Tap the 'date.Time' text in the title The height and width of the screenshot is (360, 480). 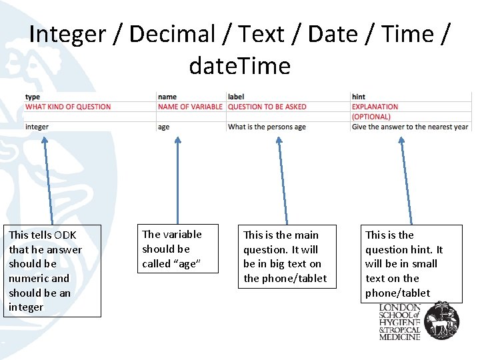click(240, 66)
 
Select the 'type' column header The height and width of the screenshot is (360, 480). click(33, 97)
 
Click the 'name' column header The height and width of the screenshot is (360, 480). click(167, 97)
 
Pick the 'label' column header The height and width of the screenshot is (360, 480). click(235, 97)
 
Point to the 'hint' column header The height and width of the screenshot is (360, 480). click(359, 97)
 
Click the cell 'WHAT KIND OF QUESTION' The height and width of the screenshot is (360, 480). click(68, 107)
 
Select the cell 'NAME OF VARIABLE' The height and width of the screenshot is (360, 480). click(191, 107)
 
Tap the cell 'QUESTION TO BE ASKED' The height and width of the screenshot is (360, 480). click(267, 107)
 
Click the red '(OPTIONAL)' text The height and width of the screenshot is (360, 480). click(371, 117)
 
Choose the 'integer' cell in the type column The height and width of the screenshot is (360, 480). click(37, 127)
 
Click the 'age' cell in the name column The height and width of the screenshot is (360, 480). click(164, 127)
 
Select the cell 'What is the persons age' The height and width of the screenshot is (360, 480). click(267, 127)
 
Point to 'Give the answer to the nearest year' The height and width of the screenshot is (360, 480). click(410, 127)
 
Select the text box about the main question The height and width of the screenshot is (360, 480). click(285, 257)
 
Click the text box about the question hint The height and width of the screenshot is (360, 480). click(411, 263)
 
